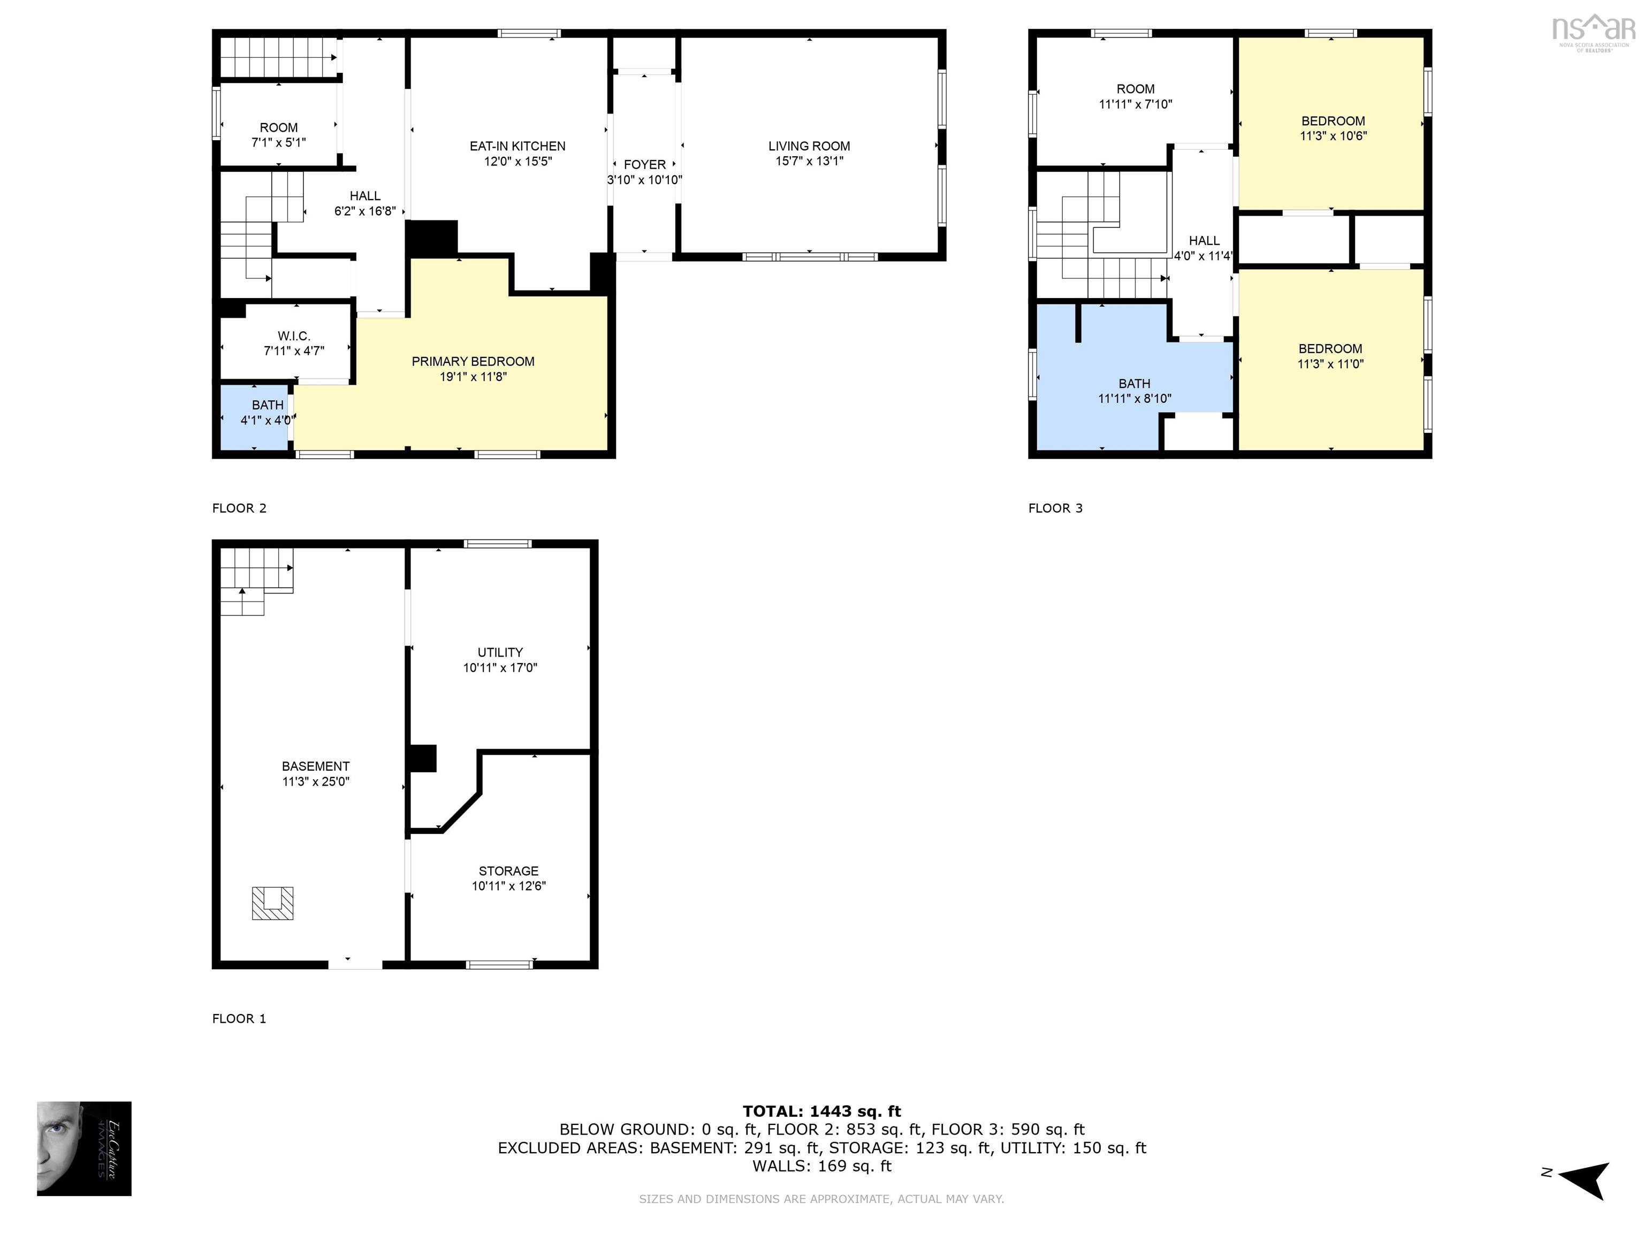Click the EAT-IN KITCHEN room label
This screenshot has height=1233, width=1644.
(x=517, y=147)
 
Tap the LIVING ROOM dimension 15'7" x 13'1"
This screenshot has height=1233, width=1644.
(x=809, y=161)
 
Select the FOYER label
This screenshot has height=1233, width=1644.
(x=644, y=165)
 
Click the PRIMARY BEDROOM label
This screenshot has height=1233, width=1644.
(x=473, y=362)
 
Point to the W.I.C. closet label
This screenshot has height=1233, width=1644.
(x=294, y=337)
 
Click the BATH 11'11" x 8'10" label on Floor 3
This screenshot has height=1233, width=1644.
(x=1134, y=391)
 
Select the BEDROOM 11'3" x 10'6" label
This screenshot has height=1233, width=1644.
(x=1333, y=128)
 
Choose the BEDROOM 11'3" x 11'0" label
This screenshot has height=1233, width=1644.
(x=1330, y=356)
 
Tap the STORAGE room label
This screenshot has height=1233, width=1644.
(x=508, y=871)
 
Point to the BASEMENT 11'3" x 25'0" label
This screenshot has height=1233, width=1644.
(x=315, y=774)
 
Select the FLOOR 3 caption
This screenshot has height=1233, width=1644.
(x=1055, y=508)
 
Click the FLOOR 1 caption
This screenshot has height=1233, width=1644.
(x=239, y=1019)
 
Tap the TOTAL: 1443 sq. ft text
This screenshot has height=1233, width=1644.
(x=821, y=1111)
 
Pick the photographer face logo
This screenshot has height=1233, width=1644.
(x=84, y=1148)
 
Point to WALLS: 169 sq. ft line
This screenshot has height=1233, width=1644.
(x=821, y=1166)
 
